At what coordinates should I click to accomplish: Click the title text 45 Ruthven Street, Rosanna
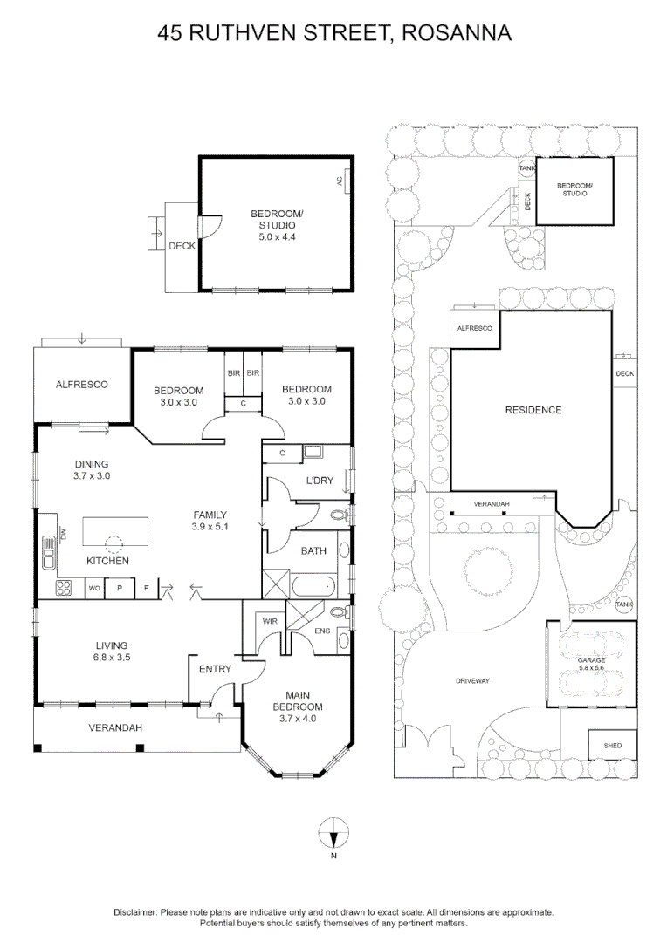(333, 33)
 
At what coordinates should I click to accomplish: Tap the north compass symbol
(333, 836)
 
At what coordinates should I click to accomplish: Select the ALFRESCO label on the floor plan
(81, 384)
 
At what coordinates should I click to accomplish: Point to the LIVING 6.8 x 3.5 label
(113, 652)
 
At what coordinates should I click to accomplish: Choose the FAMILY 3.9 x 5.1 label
(210, 521)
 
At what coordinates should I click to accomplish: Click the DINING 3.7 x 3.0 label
(92, 470)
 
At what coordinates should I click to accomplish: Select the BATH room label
(313, 551)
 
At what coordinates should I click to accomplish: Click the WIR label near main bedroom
(270, 622)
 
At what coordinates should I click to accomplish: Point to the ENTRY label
(215, 669)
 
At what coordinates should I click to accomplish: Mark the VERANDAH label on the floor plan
(115, 727)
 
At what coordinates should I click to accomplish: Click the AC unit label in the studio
(339, 181)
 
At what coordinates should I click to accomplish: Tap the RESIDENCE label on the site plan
(532, 410)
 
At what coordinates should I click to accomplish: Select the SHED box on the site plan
(612, 747)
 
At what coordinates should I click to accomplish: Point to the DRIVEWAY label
(472, 680)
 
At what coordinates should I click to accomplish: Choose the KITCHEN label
(107, 561)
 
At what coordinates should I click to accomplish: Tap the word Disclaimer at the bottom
(135, 911)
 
